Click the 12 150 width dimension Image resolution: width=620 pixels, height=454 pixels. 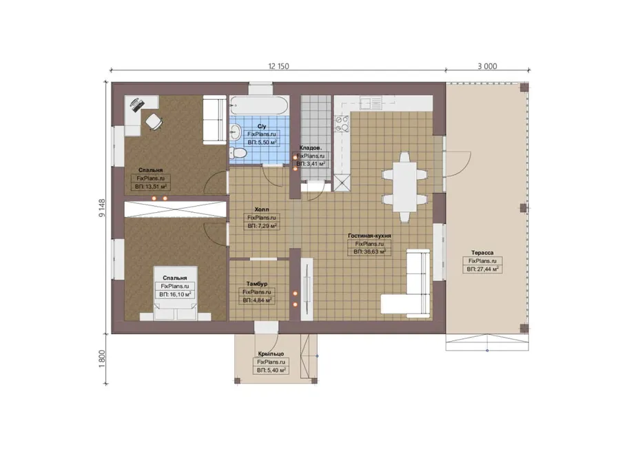[278, 66]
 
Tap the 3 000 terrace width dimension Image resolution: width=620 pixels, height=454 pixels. [487, 66]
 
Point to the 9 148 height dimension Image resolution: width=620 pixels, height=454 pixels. [103, 208]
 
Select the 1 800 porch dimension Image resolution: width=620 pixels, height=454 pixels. [103, 359]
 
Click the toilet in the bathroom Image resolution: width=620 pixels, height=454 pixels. [238, 153]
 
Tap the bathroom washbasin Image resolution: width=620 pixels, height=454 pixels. [235, 132]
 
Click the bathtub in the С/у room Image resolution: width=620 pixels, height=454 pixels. [259, 105]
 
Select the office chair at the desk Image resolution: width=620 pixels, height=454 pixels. [154, 121]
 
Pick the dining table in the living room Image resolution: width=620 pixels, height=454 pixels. [404, 187]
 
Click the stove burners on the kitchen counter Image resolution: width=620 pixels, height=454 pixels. [342, 123]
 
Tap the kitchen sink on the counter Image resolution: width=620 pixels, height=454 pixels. [371, 103]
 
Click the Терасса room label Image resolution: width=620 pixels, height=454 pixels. [482, 253]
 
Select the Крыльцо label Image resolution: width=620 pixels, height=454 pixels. [271, 353]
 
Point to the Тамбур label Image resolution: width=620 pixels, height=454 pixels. [257, 284]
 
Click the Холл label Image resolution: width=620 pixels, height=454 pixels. [261, 209]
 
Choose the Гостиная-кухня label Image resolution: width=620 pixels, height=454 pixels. [369, 236]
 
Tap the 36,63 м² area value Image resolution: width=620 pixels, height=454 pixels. [369, 252]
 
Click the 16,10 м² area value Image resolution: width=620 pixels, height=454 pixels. [175, 295]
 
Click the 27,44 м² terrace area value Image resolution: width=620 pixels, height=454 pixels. [482, 269]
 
